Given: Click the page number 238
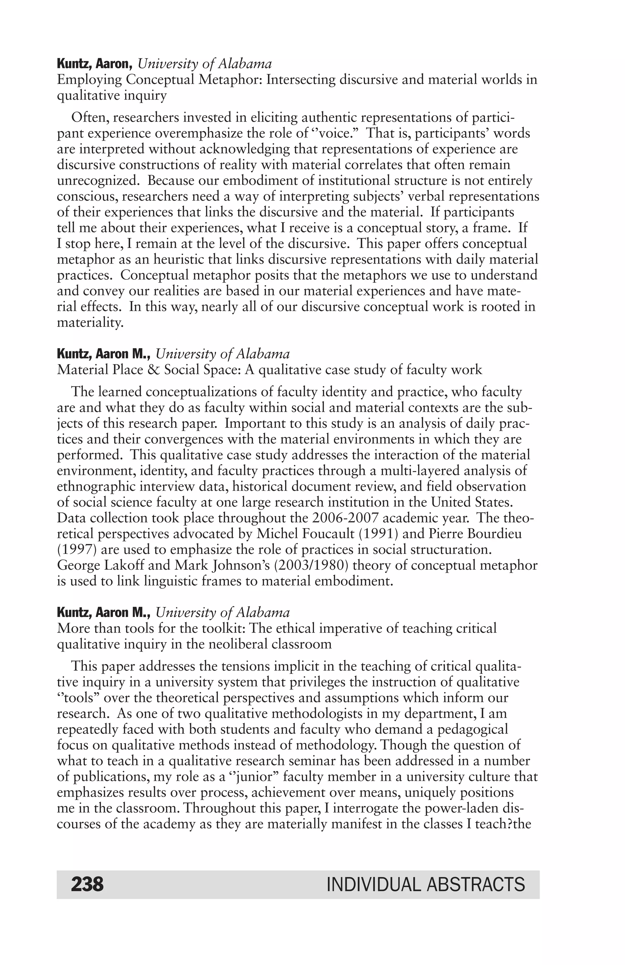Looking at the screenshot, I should pos(87,884).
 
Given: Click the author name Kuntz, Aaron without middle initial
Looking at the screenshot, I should pos(95,64).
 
